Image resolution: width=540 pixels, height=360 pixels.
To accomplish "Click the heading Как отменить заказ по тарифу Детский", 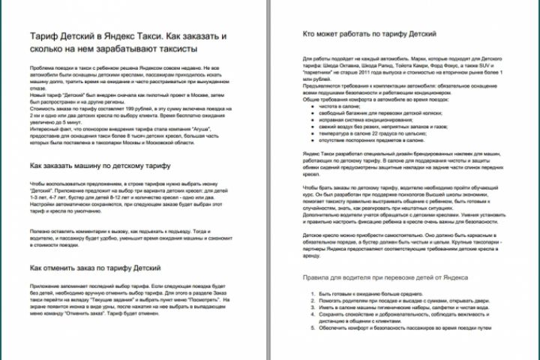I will (91, 267).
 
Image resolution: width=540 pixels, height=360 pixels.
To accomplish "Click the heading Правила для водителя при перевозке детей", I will (376, 279).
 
